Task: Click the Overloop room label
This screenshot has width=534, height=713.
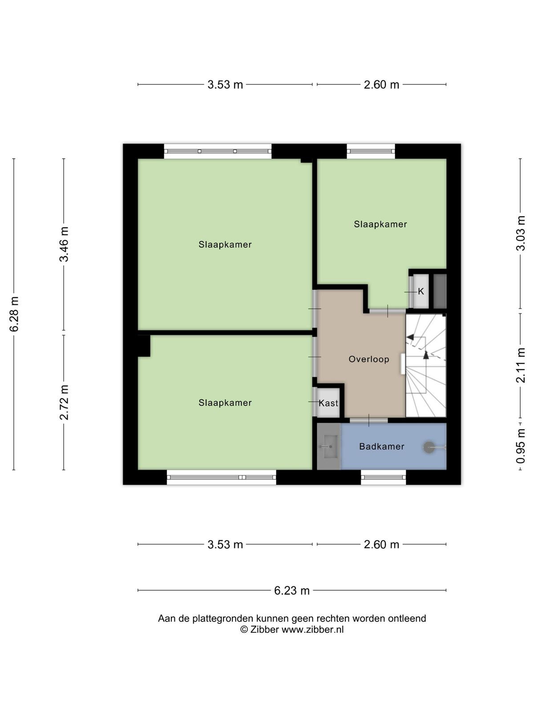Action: (368, 359)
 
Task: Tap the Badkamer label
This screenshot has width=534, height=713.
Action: (382, 447)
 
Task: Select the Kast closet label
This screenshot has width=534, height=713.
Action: (328, 403)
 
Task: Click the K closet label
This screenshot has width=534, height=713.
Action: (421, 291)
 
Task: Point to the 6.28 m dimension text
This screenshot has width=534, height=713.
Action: (14, 314)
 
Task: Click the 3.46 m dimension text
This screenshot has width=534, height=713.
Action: (64, 244)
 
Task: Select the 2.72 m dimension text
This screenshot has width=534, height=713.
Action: (64, 402)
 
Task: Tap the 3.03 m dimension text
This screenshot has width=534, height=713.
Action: (520, 233)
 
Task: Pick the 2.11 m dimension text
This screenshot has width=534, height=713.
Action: (520, 365)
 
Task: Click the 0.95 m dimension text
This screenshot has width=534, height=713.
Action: (520, 446)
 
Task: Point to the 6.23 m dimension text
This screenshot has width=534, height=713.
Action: (292, 590)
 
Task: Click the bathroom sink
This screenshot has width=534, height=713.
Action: (328, 447)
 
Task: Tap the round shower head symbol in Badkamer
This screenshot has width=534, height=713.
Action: (429, 447)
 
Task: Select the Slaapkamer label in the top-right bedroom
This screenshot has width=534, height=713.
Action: (380, 224)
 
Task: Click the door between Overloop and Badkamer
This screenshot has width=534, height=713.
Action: (368, 420)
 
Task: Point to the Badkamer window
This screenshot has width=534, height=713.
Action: (384, 477)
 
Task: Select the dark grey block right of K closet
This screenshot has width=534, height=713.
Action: (440, 291)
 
